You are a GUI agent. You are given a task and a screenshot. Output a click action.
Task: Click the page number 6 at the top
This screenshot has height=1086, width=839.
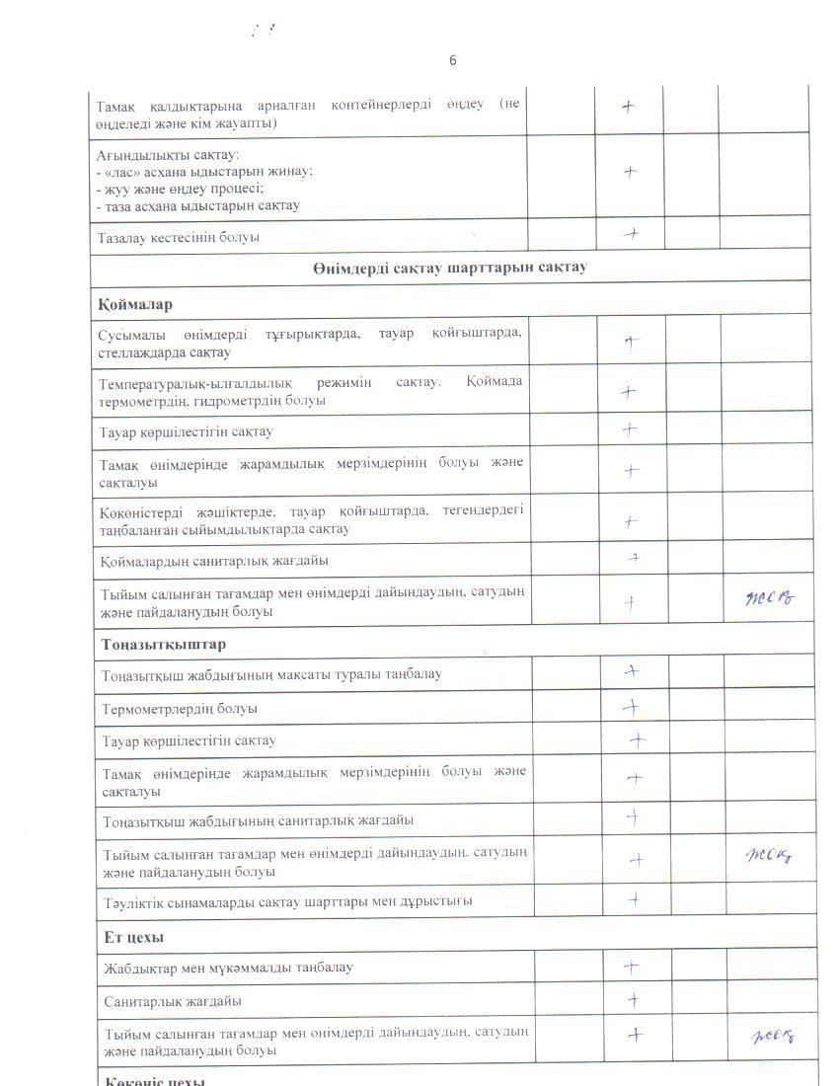453,60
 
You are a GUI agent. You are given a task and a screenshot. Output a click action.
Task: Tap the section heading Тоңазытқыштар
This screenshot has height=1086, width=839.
163,645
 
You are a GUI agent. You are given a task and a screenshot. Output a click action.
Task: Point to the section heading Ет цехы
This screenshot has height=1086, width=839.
134,936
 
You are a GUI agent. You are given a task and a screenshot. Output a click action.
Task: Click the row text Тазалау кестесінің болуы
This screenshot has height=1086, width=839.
179,238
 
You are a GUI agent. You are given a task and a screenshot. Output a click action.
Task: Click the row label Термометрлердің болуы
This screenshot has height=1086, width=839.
180,709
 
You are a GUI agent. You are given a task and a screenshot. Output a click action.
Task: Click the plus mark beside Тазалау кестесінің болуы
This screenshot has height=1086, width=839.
630,234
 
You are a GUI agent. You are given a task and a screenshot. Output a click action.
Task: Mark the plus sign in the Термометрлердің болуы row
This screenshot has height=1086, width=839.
632,707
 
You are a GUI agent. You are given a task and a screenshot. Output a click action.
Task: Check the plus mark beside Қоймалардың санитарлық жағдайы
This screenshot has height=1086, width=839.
636,559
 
